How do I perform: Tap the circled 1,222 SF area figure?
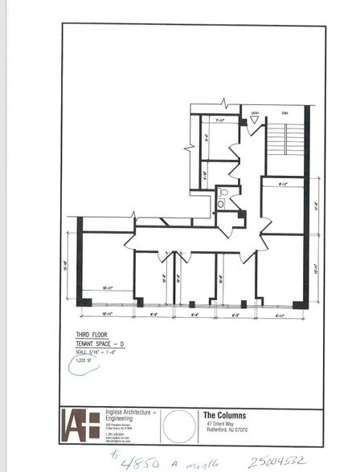83,360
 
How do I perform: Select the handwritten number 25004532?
278,461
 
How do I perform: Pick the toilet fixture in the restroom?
223,193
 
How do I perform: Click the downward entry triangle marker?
255,121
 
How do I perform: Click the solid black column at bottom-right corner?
298,303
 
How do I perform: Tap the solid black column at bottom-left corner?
84,302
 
